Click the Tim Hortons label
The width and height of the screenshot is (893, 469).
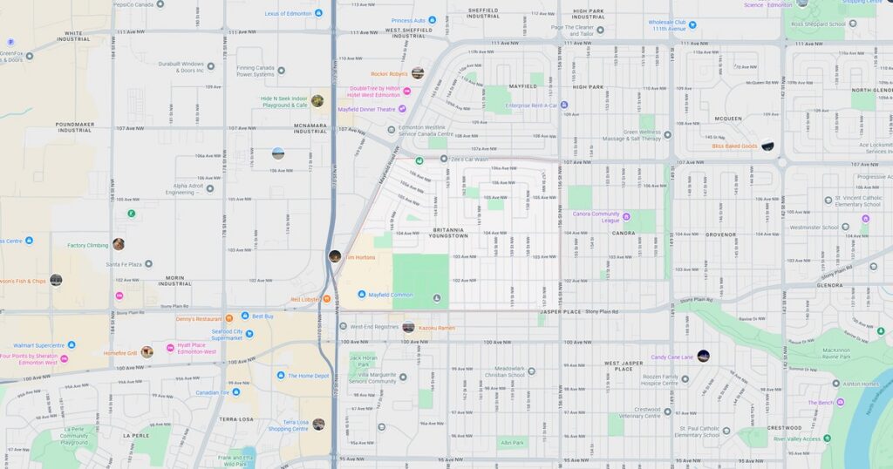pyautogui.click(x=359, y=257)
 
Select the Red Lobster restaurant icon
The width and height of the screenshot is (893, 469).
pyautogui.click(x=327, y=299)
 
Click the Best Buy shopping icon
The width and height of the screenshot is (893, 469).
pyautogui.click(x=246, y=316)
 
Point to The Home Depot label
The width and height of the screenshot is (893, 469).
pyautogui.click(x=309, y=375)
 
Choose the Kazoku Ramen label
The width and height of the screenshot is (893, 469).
pyautogui.click(x=437, y=327)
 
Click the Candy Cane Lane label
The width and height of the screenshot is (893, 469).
pyautogui.click(x=671, y=357)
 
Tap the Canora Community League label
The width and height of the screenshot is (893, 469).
pyautogui.click(x=596, y=216)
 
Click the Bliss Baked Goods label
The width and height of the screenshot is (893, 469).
pyautogui.click(x=734, y=146)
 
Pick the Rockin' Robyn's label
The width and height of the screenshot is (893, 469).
pyautogui.click(x=389, y=74)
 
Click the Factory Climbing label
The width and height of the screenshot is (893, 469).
pyautogui.click(x=87, y=245)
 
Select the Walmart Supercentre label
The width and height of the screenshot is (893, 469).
pyautogui.click(x=38, y=345)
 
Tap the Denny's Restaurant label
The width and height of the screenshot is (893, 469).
pyautogui.click(x=198, y=319)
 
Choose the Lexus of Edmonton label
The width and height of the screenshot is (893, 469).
pyautogui.click(x=288, y=13)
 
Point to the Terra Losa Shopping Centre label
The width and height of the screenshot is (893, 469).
pyautogui.click(x=289, y=425)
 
